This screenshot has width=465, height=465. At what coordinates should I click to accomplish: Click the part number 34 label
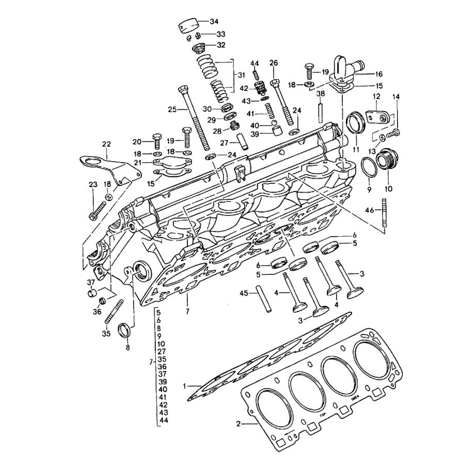(x=214, y=21)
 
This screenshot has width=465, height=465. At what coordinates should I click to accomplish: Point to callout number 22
(x=106, y=144)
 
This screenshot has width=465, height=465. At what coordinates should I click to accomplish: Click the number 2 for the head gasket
(x=238, y=424)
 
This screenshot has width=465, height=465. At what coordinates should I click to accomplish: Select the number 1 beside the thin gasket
(x=185, y=385)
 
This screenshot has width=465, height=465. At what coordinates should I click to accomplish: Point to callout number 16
(x=379, y=74)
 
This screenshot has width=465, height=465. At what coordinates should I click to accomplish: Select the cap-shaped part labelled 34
(x=190, y=24)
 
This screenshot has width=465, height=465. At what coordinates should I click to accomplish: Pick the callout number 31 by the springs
(x=241, y=76)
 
